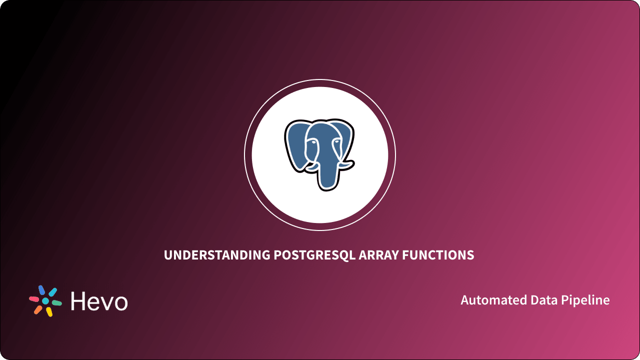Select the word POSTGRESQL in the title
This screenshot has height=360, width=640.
[314, 255]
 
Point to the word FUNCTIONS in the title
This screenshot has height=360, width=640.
[440, 255]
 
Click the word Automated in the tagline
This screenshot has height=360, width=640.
[488, 300]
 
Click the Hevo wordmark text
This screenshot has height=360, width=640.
[99, 301]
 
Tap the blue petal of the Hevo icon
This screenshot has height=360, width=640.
[42, 290]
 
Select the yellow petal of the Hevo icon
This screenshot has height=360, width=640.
[49, 312]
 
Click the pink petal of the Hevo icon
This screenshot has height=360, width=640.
[33, 299]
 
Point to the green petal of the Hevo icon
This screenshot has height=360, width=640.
[57, 303]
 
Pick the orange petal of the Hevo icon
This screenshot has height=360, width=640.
[38, 309]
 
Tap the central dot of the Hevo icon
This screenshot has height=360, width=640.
[45, 301]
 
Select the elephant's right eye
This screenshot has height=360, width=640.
[336, 141]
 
